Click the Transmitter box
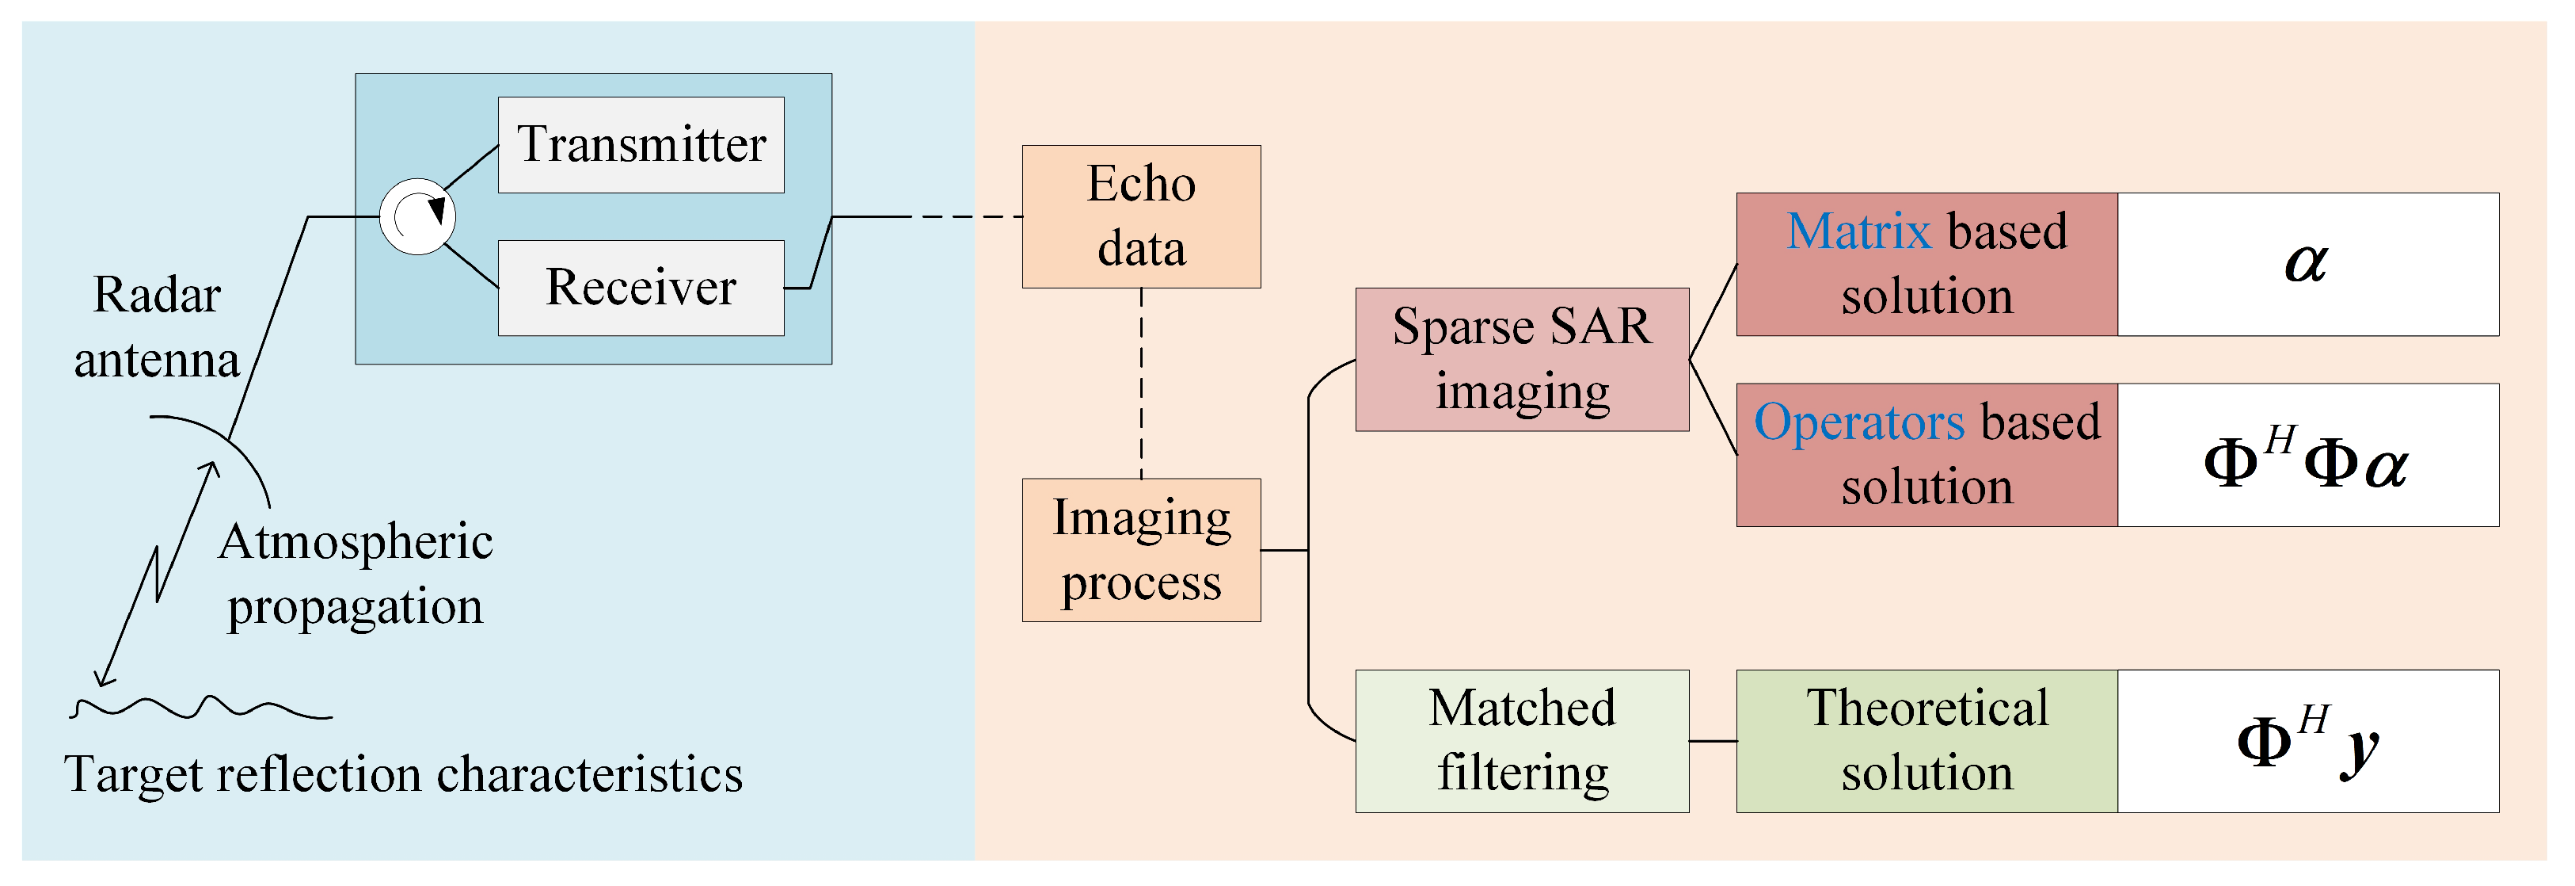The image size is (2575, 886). [641, 145]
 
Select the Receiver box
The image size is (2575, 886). [641, 288]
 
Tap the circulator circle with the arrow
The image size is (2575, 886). [416, 216]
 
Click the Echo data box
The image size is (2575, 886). [1140, 216]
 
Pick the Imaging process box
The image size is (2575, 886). [1140, 550]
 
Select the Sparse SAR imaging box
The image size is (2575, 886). [1521, 359]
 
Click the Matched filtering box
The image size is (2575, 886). [1521, 741]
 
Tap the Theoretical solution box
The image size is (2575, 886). [1926, 741]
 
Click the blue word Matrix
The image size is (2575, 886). [1858, 232]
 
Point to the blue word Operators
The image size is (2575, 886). [1858, 422]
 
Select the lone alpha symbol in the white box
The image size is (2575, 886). [2306, 263]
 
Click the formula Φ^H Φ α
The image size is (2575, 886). [2306, 460]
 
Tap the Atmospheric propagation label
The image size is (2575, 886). [355, 574]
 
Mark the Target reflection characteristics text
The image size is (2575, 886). [403, 774]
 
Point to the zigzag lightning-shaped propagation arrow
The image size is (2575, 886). [158, 575]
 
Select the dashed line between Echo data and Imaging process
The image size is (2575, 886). [1140, 383]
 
